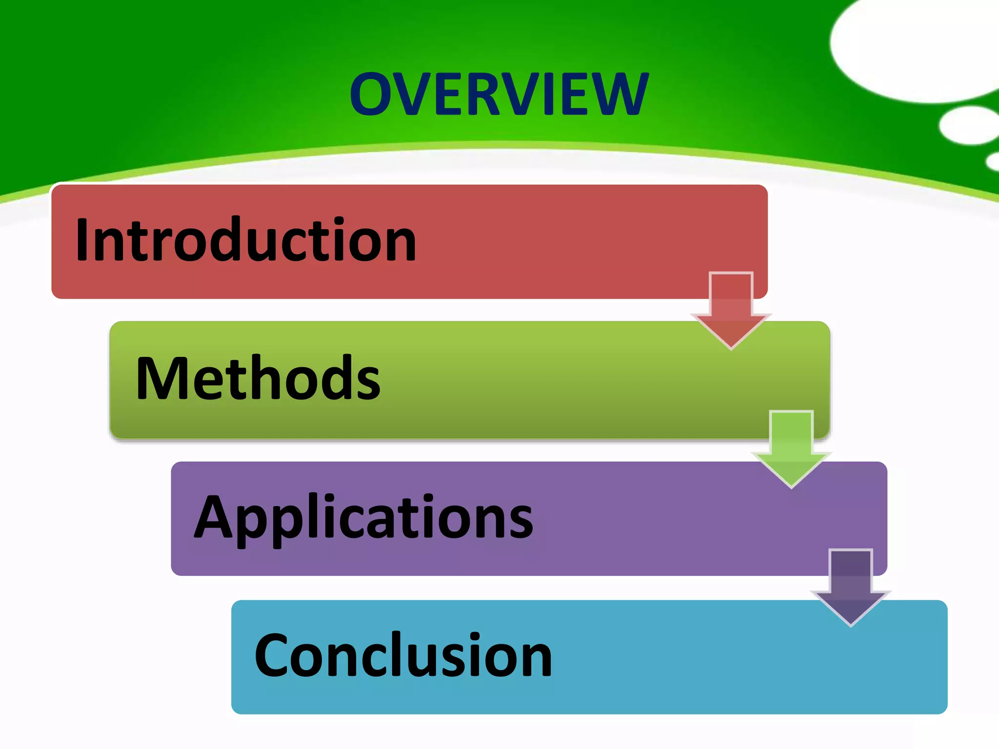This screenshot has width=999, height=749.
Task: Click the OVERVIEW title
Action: click(x=499, y=94)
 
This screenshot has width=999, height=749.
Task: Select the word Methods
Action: click(x=258, y=378)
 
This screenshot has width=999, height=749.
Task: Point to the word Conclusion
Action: click(x=403, y=655)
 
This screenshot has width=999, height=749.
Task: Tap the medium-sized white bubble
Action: click(x=968, y=125)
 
